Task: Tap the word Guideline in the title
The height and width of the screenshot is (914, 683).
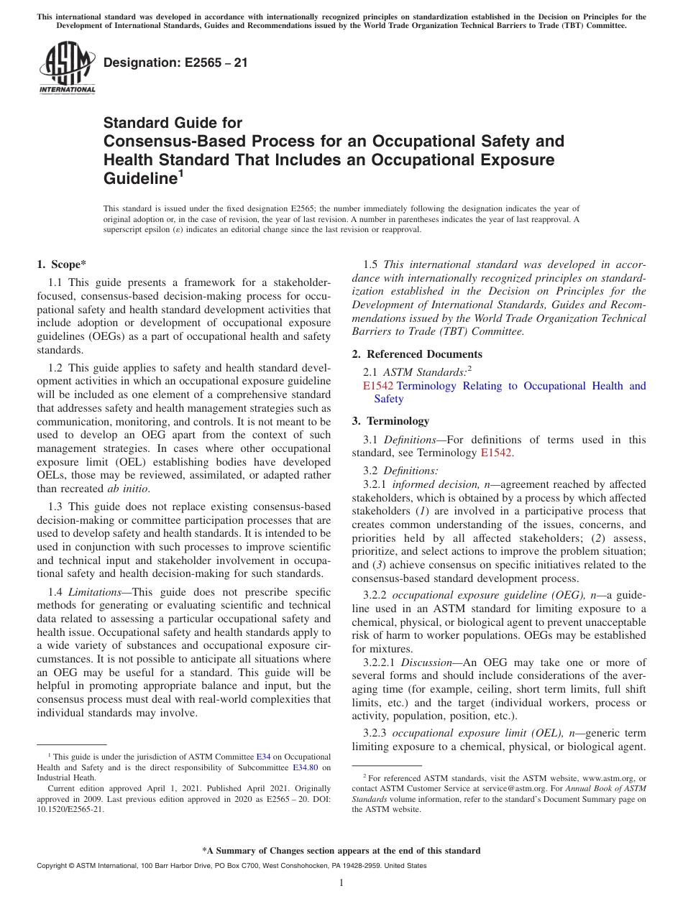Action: (138, 178)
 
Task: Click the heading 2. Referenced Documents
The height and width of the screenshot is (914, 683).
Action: (417, 354)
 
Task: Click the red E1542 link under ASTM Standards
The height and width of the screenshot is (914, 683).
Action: (378, 386)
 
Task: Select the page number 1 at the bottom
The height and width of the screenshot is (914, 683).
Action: (341, 882)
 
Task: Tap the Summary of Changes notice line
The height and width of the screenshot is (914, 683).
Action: (341, 851)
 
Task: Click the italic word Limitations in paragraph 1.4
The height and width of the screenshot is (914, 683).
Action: (93, 591)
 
